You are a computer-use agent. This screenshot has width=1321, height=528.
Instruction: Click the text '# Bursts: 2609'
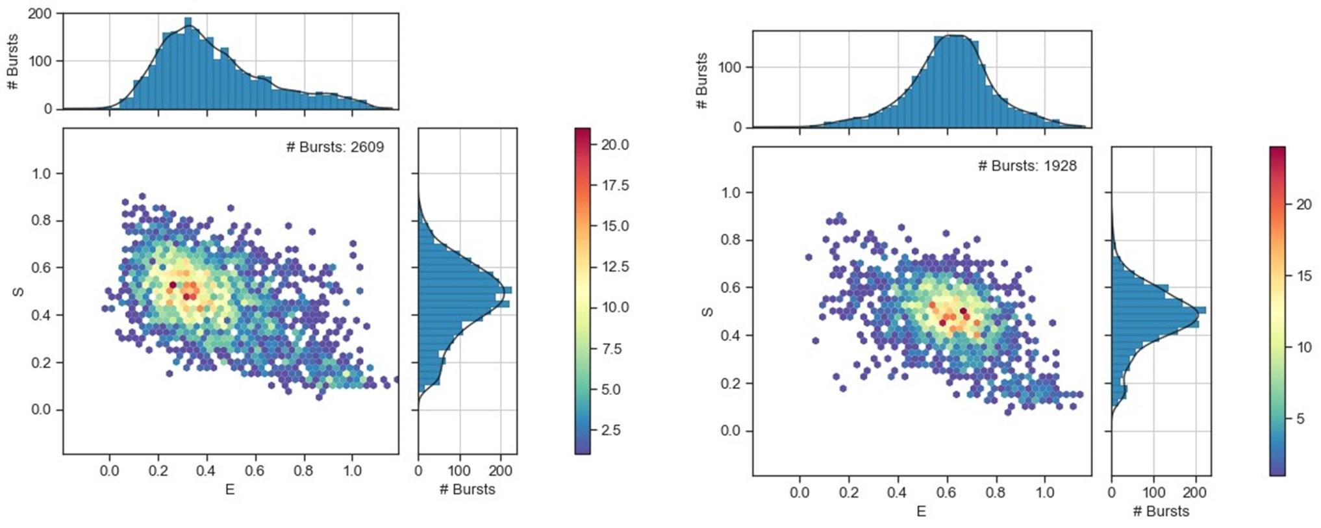coord(334,147)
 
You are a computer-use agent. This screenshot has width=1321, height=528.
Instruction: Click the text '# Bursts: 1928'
coord(1027,166)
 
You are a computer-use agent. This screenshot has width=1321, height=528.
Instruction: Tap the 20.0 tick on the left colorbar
coord(614,144)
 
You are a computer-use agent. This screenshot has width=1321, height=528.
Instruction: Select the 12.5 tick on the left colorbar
coord(614,266)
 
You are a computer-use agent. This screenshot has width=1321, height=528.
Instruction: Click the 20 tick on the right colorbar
coord(1303,204)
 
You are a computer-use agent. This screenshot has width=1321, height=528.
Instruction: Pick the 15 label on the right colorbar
coord(1303,275)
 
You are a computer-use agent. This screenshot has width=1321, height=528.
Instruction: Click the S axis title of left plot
coord(19,291)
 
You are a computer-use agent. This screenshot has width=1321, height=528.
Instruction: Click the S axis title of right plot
coord(707,312)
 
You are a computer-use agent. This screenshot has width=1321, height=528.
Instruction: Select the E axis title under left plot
coord(230,490)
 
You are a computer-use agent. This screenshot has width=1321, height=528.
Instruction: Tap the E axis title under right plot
coord(921,511)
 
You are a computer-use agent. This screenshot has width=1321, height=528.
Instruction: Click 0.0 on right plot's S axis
coord(734,431)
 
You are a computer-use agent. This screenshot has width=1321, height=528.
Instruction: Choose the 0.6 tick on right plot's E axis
coord(946,492)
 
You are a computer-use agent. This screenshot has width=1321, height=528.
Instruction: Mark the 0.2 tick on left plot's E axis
coord(158,470)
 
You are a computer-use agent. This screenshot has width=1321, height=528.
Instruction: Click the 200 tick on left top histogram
coord(40,13)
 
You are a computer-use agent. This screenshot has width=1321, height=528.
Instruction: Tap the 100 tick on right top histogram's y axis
coord(729,67)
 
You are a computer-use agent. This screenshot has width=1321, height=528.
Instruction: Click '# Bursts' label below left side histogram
coord(467,490)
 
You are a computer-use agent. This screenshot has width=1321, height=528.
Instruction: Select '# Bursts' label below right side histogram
coord(1161,511)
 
